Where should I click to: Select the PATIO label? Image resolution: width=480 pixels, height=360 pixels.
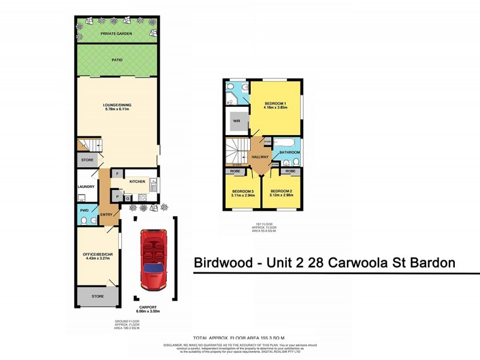pyautogui.click(x=117, y=60)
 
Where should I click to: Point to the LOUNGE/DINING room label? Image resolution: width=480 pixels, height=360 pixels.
pyautogui.click(x=117, y=106)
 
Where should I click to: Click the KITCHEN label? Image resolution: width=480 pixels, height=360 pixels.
pyautogui.click(x=137, y=181)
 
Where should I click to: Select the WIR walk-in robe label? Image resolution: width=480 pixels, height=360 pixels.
pyautogui.click(x=236, y=120)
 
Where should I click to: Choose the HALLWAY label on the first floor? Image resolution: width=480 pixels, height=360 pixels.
pyautogui.click(x=260, y=157)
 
